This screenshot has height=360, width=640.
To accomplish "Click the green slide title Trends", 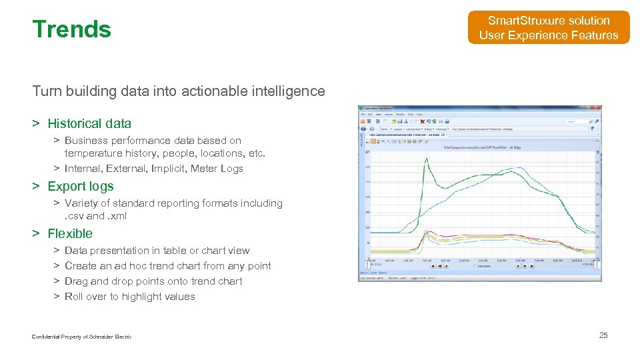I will [x=71, y=29].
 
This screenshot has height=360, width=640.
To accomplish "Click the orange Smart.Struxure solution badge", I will [x=548, y=28].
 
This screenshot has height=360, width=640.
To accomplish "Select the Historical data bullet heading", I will [x=89, y=123].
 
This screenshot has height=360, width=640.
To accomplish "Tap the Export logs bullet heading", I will [x=81, y=187].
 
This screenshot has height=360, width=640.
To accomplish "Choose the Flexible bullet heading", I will [x=70, y=234].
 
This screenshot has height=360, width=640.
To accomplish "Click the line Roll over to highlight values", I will [x=129, y=297].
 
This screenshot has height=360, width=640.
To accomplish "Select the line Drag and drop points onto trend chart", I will [x=153, y=281].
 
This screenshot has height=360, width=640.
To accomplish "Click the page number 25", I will [x=603, y=335].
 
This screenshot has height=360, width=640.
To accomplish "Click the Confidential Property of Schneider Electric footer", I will [x=81, y=337].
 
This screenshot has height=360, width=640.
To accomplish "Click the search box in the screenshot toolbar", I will [x=577, y=121].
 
